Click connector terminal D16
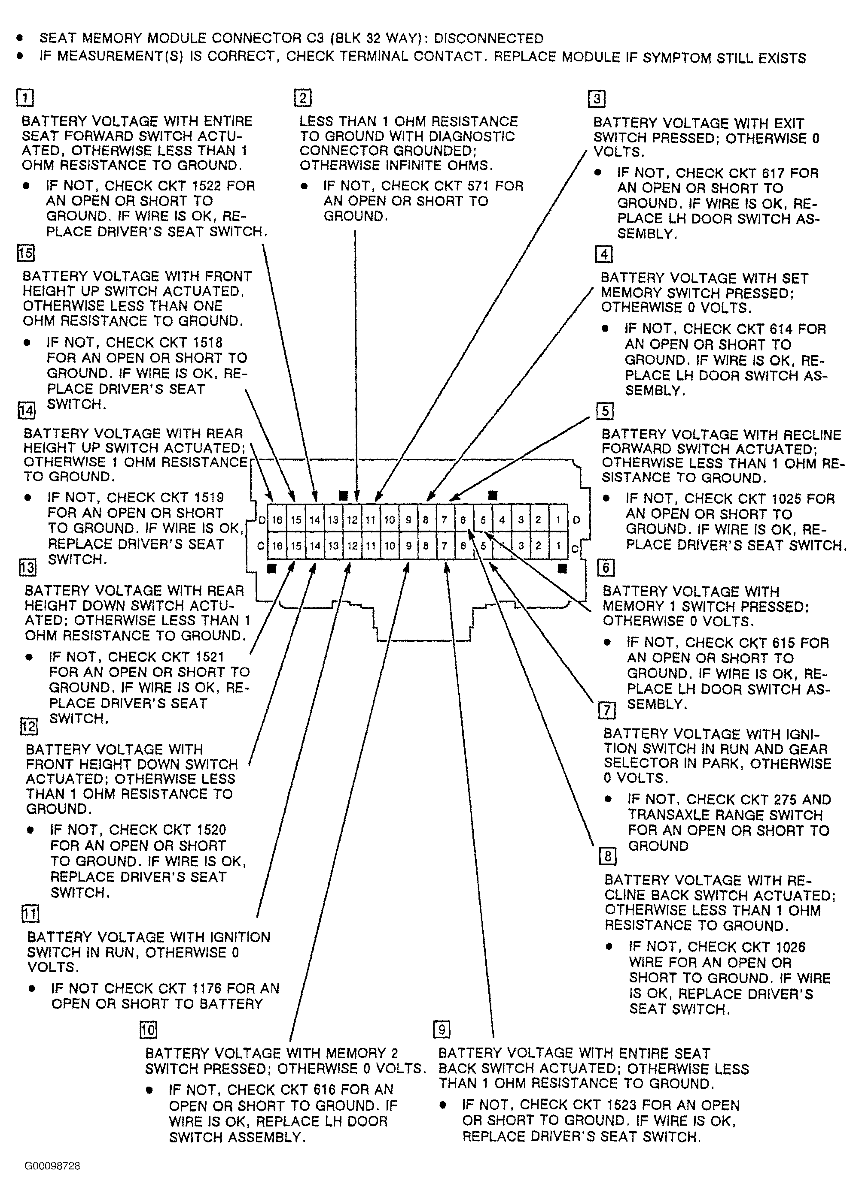(x=277, y=520)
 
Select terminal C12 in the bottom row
(x=352, y=545)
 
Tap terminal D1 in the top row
(x=557, y=520)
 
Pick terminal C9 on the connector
(x=408, y=545)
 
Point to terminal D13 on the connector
(x=333, y=520)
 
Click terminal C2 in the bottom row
(x=539, y=545)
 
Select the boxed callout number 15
(x=25, y=253)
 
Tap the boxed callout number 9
(x=442, y=1029)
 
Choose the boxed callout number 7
(x=607, y=710)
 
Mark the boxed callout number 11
(x=30, y=913)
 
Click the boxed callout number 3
(x=597, y=99)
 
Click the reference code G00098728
(x=52, y=1166)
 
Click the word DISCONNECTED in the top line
(x=489, y=39)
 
